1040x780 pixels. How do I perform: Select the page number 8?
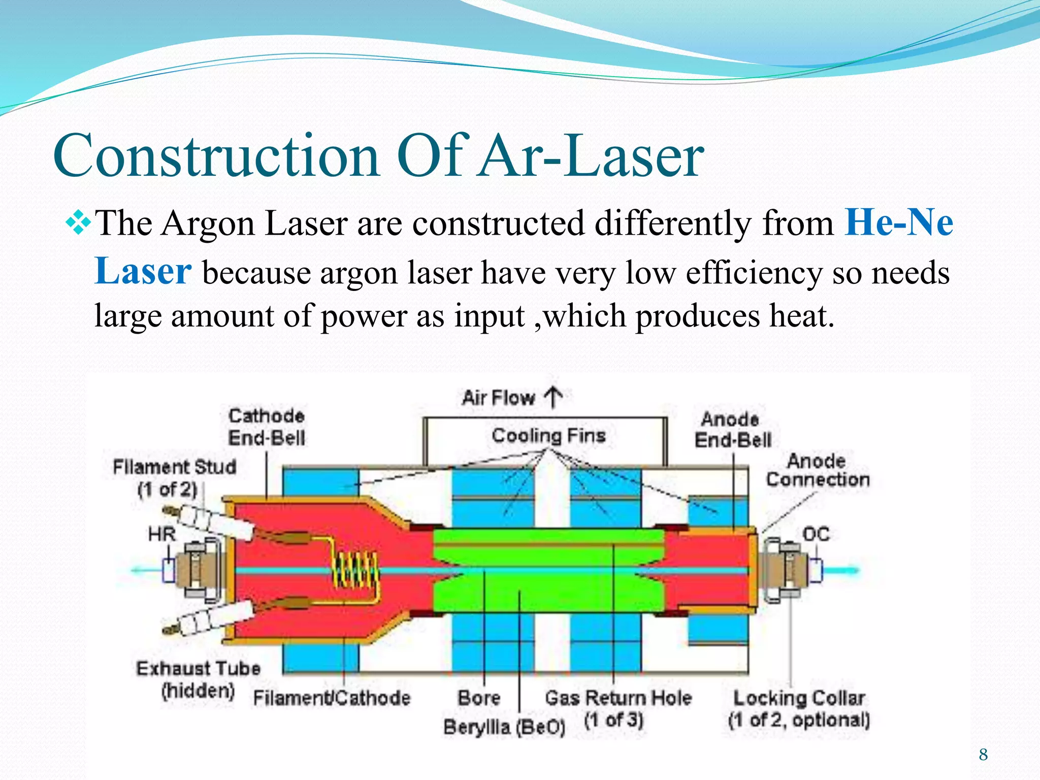[984, 755]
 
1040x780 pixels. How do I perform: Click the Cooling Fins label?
[548, 436]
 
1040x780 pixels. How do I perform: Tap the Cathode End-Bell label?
[267, 427]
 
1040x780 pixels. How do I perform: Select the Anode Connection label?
[817, 470]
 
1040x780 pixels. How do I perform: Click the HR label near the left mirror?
[162, 534]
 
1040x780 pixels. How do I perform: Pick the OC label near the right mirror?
[816, 534]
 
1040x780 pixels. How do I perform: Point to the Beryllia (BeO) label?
[504, 727]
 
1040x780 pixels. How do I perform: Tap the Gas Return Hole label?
[617, 699]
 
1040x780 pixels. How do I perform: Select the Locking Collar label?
[799, 699]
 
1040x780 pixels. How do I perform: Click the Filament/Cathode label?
[332, 699]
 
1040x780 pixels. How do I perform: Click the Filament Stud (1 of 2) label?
[174, 477]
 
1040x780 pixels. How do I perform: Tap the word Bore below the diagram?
[479, 698]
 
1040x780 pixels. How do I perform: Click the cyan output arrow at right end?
[843, 570]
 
